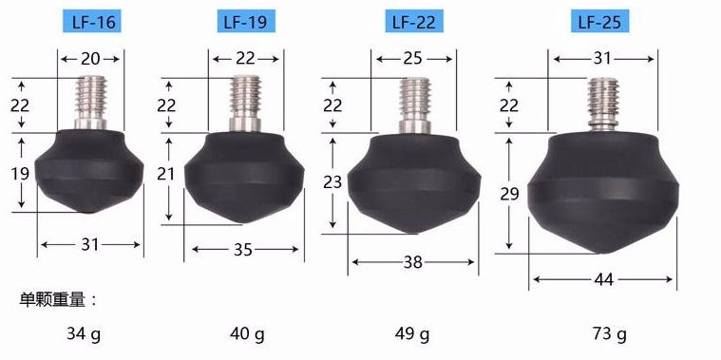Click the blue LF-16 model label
tap(93, 21)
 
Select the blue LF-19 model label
tap(246, 21)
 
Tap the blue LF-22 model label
tap(414, 21)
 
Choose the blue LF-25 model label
tap(600, 21)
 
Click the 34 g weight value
tap(84, 333)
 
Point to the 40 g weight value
tap(247, 333)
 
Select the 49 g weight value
tap(412, 333)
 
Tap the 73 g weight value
tap(608, 333)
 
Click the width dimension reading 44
tap(603, 279)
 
